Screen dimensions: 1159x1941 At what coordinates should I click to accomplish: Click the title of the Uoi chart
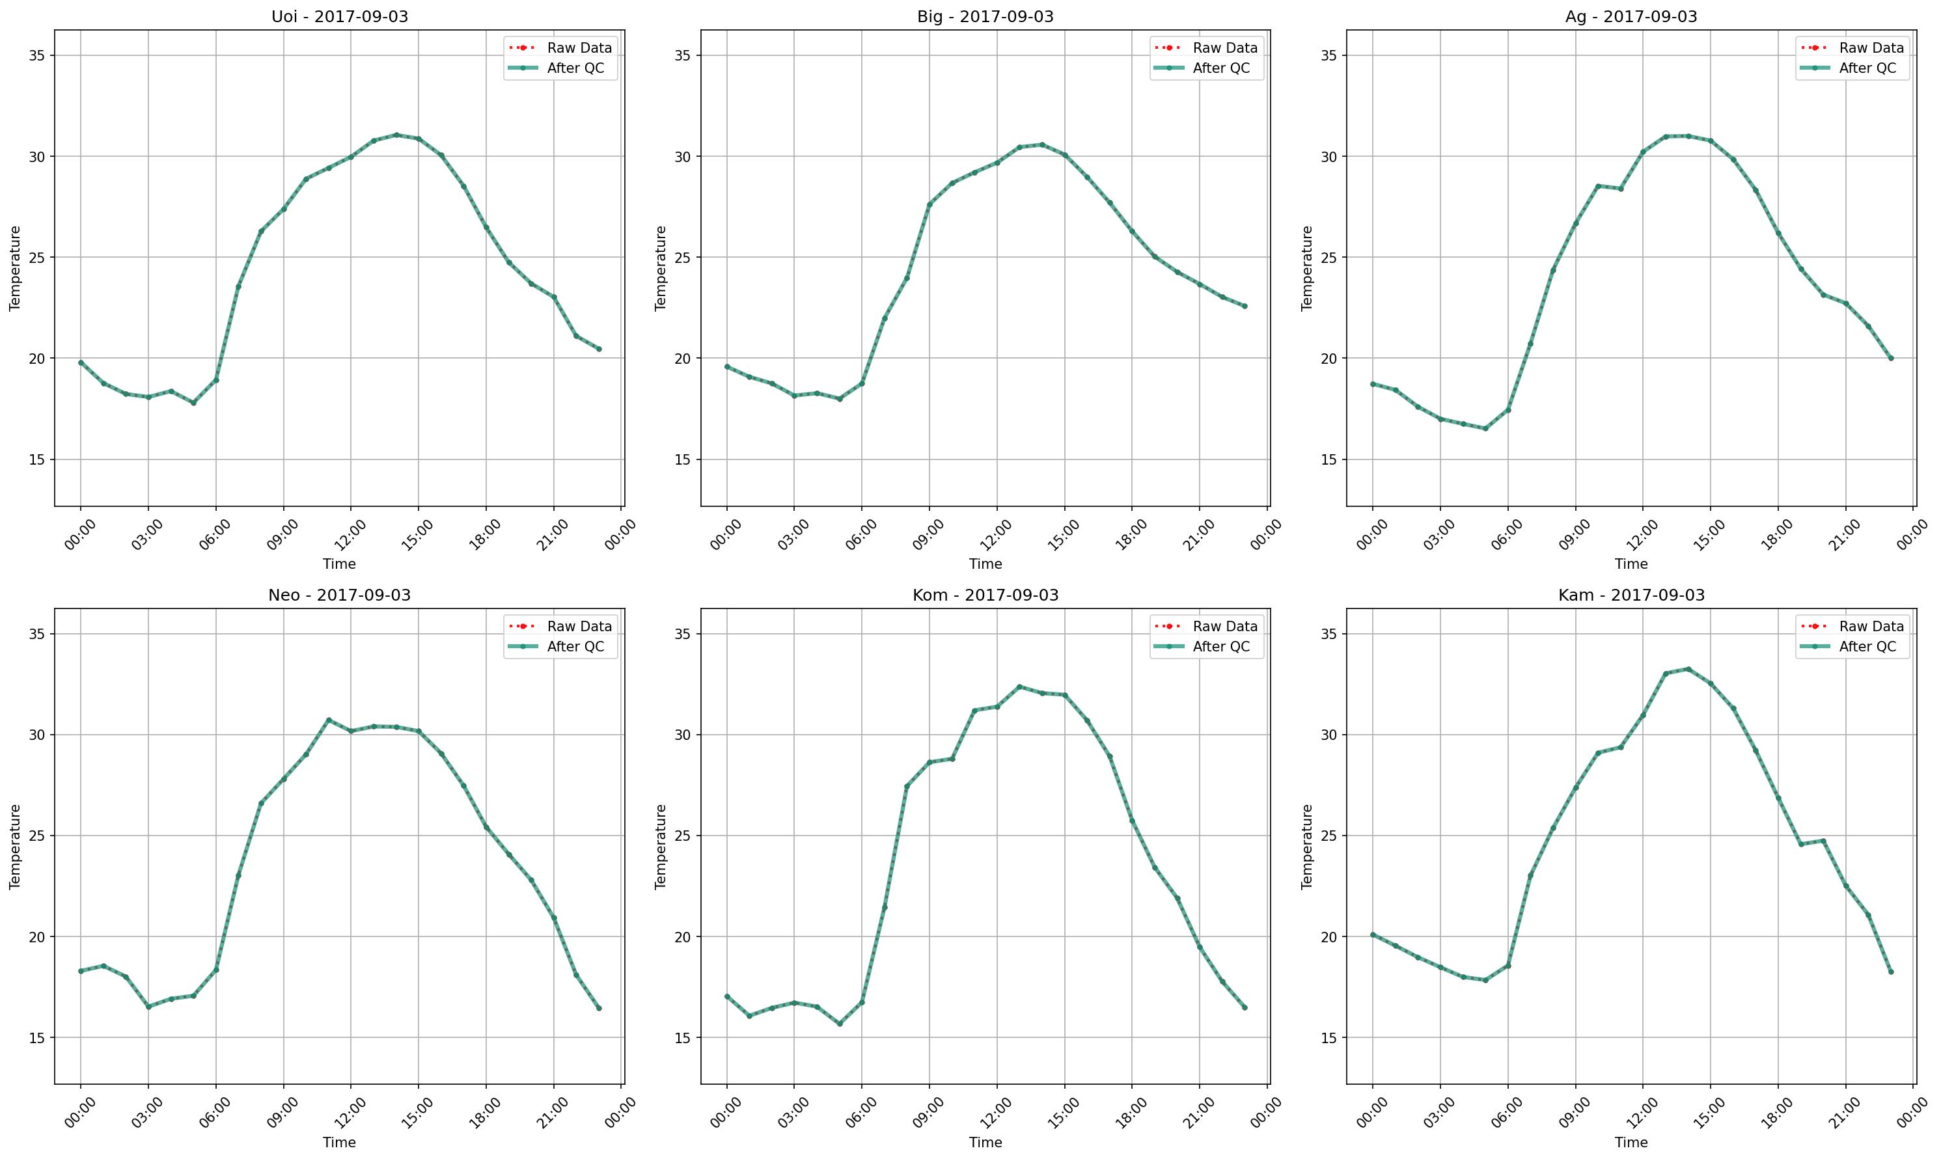339,16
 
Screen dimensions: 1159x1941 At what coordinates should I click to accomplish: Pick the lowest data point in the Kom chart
840,1023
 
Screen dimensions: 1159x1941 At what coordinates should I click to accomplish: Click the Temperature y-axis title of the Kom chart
661,847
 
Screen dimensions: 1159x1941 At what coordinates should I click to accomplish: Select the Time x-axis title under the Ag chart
1631,564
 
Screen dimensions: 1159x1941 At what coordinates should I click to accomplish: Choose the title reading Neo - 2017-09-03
339,595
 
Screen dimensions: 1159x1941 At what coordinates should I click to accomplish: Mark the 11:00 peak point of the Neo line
329,719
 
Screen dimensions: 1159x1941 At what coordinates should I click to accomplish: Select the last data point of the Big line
1245,306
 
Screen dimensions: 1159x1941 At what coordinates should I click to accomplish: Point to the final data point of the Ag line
1891,359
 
